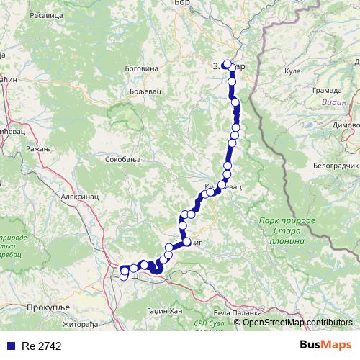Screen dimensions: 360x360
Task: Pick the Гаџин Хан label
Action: click(165, 310)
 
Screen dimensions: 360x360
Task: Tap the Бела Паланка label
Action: click(233, 313)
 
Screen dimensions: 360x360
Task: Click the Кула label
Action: click(292, 71)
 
